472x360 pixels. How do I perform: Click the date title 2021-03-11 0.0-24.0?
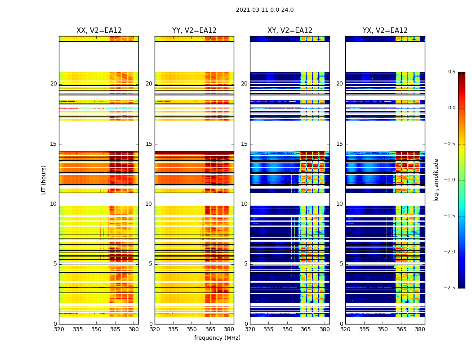coord(265,10)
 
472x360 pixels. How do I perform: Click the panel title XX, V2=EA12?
coord(99,31)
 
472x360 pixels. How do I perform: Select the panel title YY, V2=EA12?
coord(194,31)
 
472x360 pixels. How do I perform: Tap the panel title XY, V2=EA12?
coord(290,31)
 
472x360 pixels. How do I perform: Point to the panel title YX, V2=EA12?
coord(385,31)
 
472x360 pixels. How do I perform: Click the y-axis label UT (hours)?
coord(44,180)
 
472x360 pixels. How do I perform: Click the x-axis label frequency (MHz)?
coord(217,338)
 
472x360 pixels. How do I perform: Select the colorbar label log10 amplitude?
coord(436,180)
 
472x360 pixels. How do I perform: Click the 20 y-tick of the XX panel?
coord(53,84)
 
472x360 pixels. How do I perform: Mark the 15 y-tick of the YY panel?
coord(149,144)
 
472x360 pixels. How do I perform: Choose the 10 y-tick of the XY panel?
coord(244,204)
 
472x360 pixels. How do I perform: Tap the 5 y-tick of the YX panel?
coord(341,264)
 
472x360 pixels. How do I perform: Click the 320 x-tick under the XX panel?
coord(59,329)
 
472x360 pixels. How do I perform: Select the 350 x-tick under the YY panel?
coord(191,329)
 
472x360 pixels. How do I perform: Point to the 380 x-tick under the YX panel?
coord(420,329)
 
